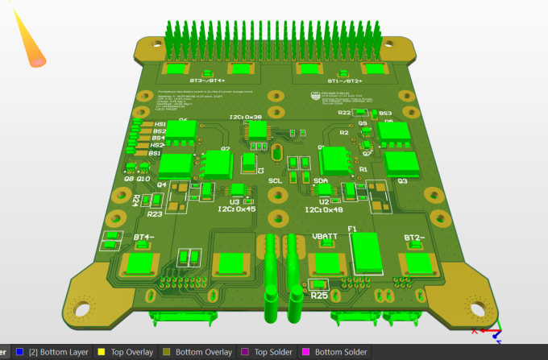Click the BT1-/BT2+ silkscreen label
[x=344, y=81]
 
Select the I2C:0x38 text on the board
[x=244, y=118]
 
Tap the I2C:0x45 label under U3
[x=237, y=210]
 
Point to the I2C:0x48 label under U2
[x=324, y=210]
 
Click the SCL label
[x=276, y=182]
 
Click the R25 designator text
[x=320, y=296]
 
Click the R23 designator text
[x=155, y=214]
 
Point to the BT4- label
[x=144, y=237]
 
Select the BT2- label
[x=413, y=238]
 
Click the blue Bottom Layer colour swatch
[x=20, y=352]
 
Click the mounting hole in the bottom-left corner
[x=81, y=309]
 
